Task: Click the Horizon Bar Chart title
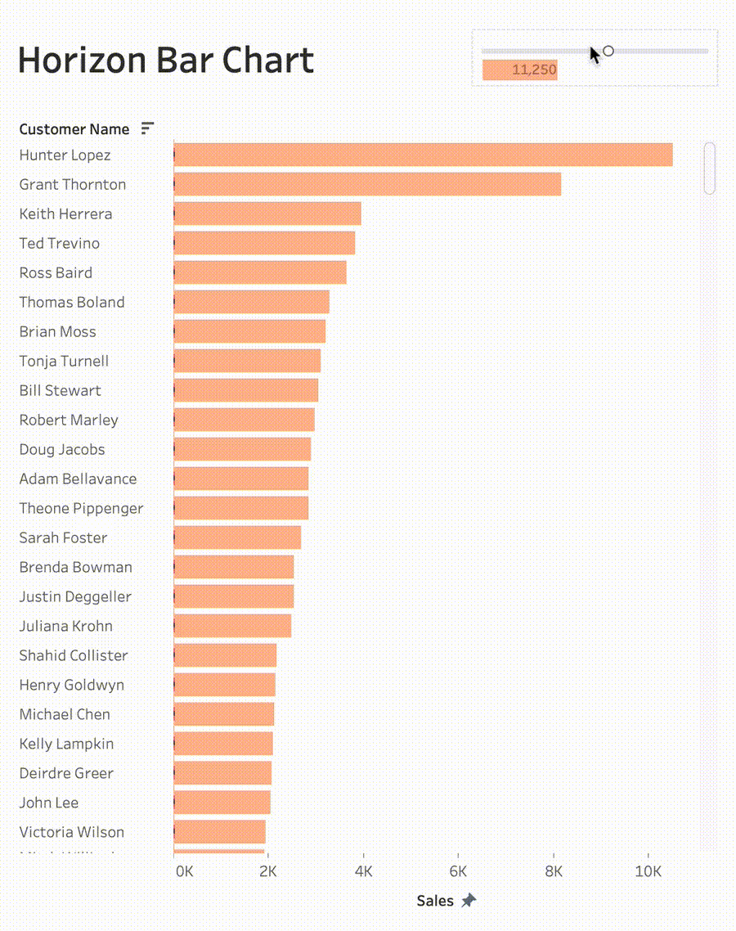click(x=166, y=61)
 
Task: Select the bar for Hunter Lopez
click(x=423, y=155)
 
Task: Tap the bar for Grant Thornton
click(x=367, y=184)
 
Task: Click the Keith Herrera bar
click(x=267, y=214)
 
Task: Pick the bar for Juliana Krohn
click(x=232, y=626)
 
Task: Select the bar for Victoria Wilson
click(x=220, y=832)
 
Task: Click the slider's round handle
click(x=608, y=52)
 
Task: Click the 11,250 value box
click(x=520, y=70)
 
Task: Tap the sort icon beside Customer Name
click(x=147, y=128)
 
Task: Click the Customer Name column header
click(x=74, y=129)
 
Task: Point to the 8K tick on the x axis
click(x=554, y=871)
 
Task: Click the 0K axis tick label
click(x=185, y=871)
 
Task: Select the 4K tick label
click(x=363, y=871)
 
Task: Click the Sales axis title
click(x=435, y=901)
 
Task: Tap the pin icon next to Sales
click(x=469, y=901)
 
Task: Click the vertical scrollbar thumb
click(x=709, y=168)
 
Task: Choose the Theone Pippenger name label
click(x=81, y=508)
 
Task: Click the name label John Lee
click(x=49, y=803)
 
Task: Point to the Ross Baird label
click(x=56, y=272)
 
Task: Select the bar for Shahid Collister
click(x=225, y=655)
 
